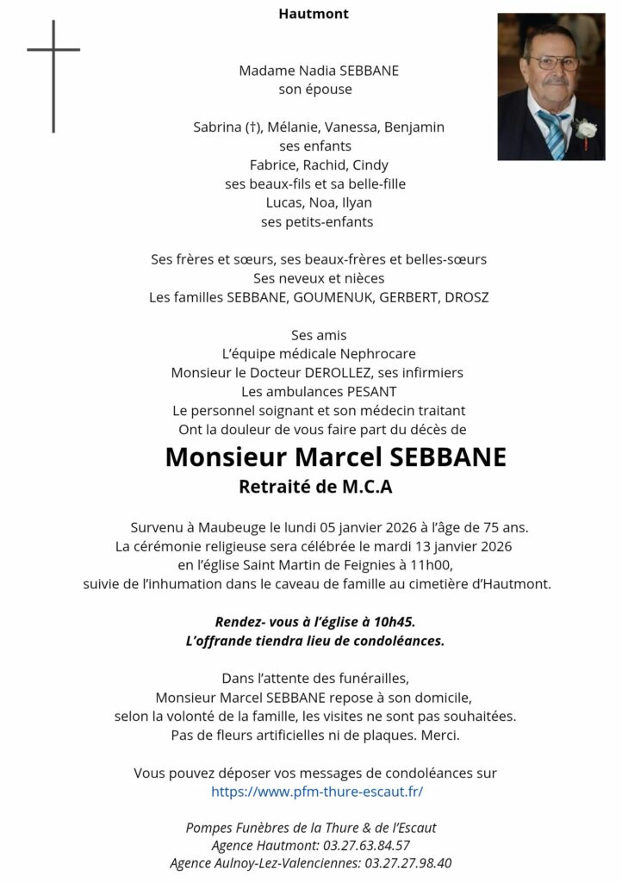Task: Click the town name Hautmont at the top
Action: [314, 14]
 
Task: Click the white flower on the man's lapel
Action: [586, 129]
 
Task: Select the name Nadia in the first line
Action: [319, 71]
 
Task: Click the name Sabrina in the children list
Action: [218, 127]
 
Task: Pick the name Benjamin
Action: [414, 127]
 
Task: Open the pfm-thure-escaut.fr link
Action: [317, 792]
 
